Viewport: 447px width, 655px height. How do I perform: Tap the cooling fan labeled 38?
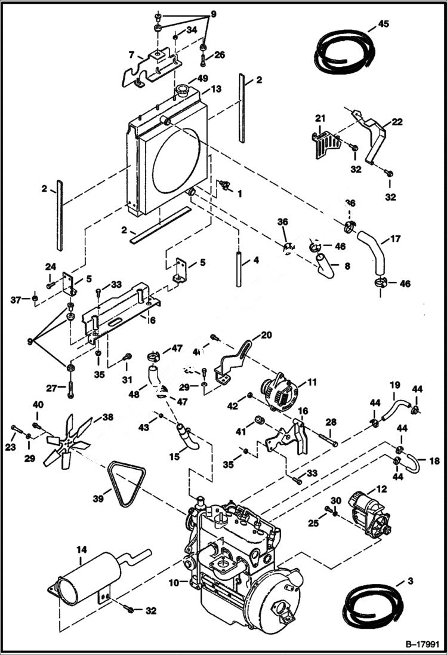pos(67,441)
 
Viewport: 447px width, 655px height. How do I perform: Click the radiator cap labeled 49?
pos(183,93)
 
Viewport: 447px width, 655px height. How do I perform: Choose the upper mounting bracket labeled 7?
pos(152,67)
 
